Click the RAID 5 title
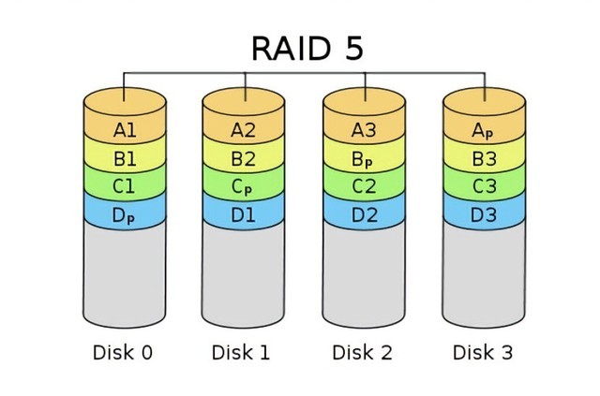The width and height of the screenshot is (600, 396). coord(307,48)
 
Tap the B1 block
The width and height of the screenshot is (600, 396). coord(125,158)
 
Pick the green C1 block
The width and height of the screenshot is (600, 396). coord(125,186)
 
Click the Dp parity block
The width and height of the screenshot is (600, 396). coord(125,214)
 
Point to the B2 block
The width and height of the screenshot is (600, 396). coord(244,158)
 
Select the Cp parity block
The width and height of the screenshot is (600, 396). coord(244,186)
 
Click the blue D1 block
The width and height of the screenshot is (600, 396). coord(244,214)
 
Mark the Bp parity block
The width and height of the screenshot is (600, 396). coord(364,158)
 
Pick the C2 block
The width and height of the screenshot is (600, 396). coord(364,186)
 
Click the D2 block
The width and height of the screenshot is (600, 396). coord(364,214)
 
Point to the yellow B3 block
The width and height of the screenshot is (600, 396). coord(484,158)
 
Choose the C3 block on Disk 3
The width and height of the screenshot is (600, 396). coord(484,186)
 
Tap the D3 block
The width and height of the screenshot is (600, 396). coord(484,214)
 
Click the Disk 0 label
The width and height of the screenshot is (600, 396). coord(123,353)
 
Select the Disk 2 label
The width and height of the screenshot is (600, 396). coord(363,353)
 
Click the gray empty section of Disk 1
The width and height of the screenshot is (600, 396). coord(244,276)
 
